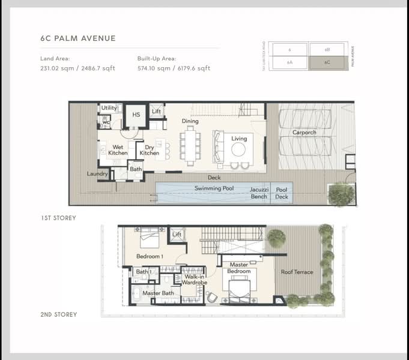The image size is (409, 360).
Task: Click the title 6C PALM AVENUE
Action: coord(77,38)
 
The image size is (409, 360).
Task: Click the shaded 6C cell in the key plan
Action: coord(326,62)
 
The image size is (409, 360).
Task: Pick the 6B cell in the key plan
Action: coord(326,49)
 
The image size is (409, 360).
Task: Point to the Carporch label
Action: coord(304,133)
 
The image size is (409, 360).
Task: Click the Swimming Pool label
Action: coord(214,188)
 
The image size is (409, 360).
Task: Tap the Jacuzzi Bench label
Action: coord(259,193)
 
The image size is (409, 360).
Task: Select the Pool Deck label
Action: coord(282,193)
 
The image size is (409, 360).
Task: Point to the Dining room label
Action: coord(190,121)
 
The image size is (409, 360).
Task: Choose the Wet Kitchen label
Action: coord(118,149)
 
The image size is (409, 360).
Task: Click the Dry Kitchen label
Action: coord(150,149)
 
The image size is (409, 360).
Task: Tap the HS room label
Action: coord(136,115)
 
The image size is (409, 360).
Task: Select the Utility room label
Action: coord(109,108)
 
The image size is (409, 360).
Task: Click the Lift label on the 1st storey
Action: coord(156,111)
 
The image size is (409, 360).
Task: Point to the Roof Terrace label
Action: coord(297,272)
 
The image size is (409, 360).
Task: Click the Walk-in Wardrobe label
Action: coord(195,279)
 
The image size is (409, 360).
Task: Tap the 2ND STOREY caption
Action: coord(59,314)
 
